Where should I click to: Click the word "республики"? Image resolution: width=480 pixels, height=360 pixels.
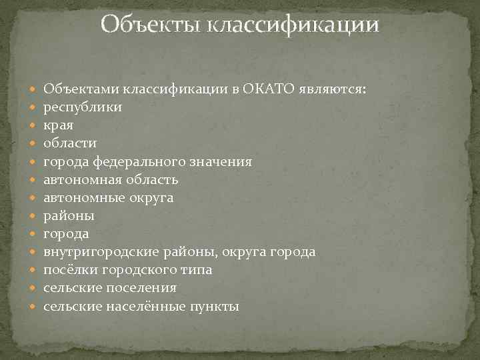pyautogui.click(x=83, y=107)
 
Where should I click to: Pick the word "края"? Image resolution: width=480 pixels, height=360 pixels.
pyautogui.click(x=59, y=125)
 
